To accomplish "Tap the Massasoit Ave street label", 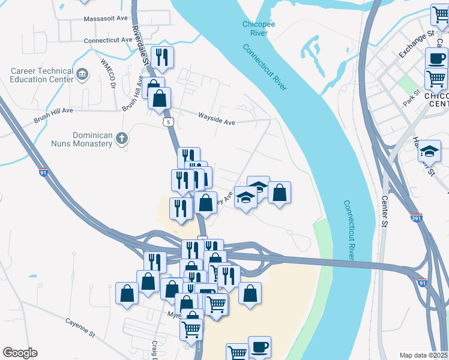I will point(106,19).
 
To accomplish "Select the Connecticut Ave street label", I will point(108,40).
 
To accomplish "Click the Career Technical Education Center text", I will point(42,74).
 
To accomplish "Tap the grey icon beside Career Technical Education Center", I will point(83,74).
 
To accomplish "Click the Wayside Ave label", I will point(217,121).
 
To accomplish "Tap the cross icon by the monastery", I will point(121,139).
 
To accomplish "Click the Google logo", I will point(20,353).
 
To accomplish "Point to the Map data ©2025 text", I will point(423,355).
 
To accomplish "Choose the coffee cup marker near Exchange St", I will point(436,59).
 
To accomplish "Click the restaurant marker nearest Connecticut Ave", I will point(161,57).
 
